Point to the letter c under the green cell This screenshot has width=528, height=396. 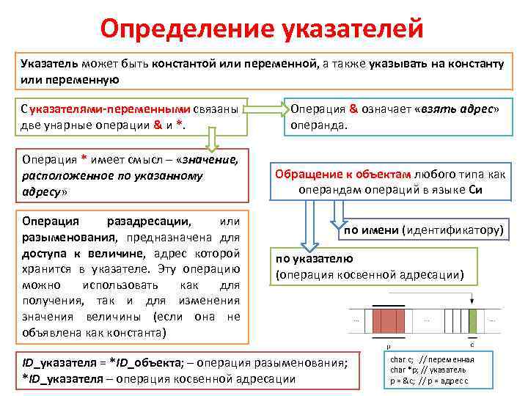point(472,343)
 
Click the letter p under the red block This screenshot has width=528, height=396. point(388,343)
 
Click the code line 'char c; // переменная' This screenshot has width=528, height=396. point(432,360)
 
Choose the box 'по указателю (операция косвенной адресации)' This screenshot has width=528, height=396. point(374,267)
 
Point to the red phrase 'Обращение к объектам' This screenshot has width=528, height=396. point(343,175)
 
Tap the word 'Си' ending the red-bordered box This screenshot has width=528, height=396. point(474,189)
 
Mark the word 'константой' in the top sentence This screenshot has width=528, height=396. point(180,64)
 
